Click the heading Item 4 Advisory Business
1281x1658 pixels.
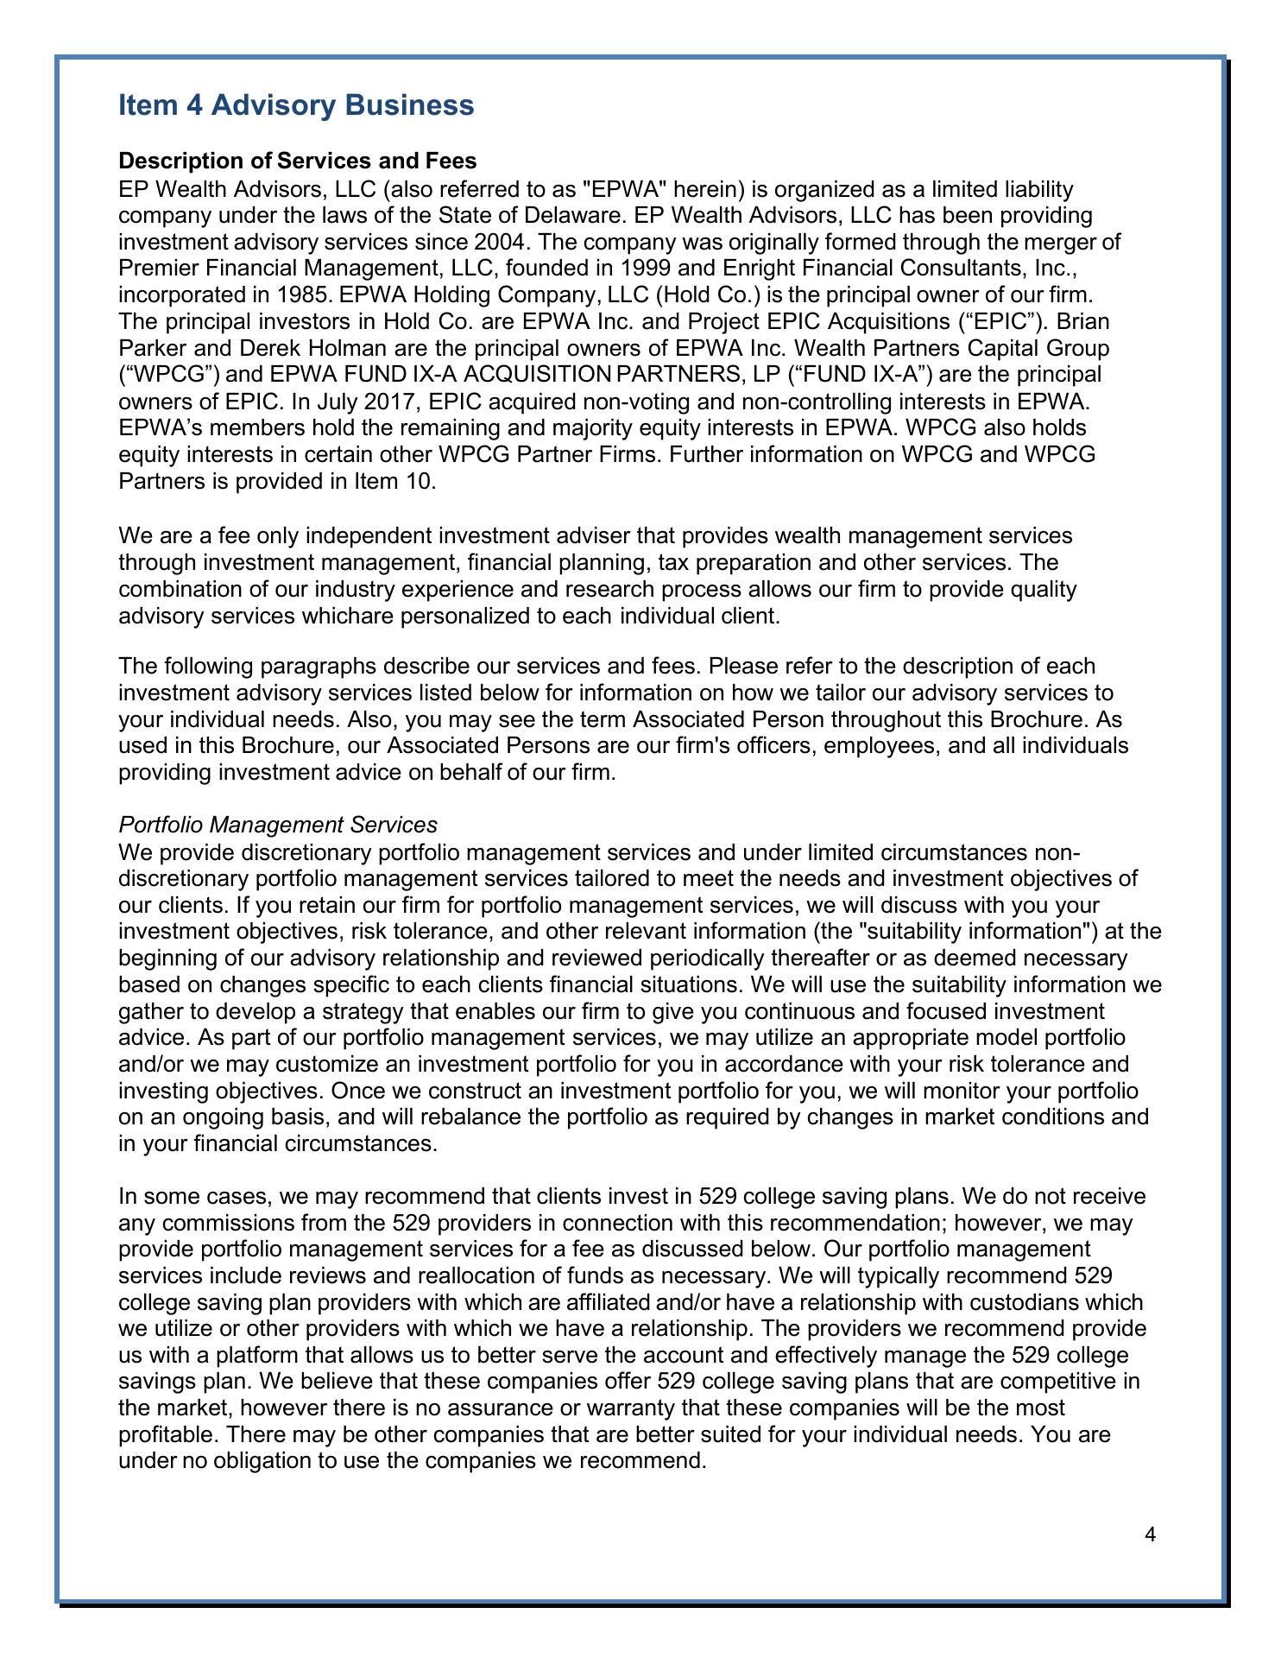click(296, 105)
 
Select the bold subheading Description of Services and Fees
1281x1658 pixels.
click(298, 161)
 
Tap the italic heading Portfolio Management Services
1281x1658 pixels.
click(278, 826)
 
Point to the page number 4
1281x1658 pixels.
click(1149, 1534)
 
